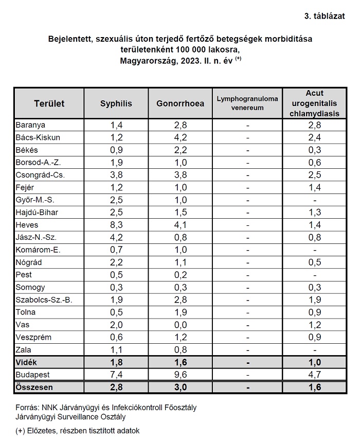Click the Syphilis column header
pos(116,103)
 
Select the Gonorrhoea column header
pos(181,103)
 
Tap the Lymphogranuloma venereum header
pos(247,103)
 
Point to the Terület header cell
pos(49,103)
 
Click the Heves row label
pos(27,225)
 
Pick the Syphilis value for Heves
pos(116,225)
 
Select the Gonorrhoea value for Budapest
pos(181,375)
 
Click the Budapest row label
pos(32,375)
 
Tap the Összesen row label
pos(34,387)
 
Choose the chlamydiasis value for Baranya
pos(315,125)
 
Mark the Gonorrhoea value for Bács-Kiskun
pos(181,137)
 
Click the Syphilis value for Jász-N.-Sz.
pos(116,237)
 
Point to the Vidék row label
pos(26,362)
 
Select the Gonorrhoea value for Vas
pos(181,325)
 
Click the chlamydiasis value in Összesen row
pos(315,387)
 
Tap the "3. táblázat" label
pos(325,16)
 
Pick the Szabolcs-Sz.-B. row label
pos(44,300)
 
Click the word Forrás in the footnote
pos(27,408)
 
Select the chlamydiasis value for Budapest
pos(315,375)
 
